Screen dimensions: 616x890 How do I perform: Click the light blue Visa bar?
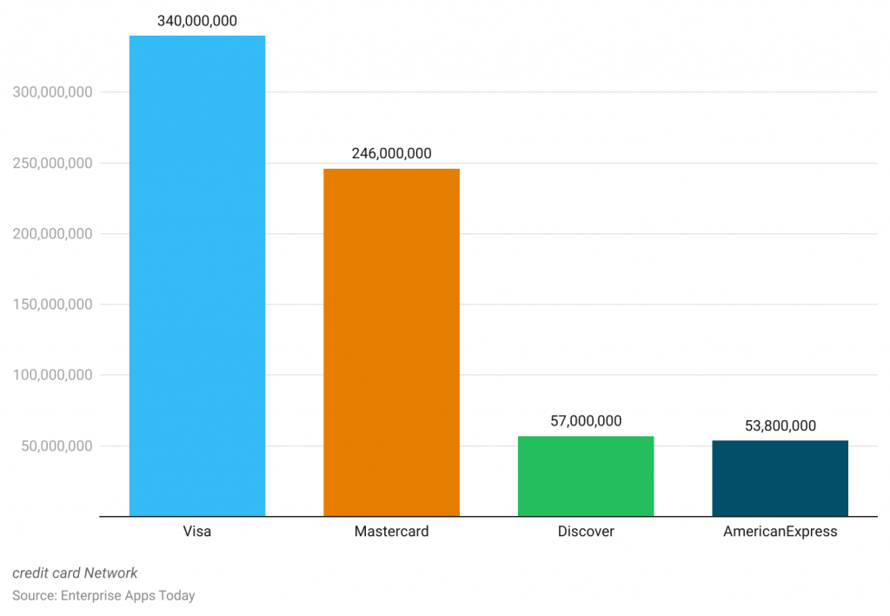pos(197,276)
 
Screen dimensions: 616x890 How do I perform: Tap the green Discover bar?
pos(586,476)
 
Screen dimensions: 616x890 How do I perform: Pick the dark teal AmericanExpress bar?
pos(780,478)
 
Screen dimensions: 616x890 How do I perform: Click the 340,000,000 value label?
pos(197,21)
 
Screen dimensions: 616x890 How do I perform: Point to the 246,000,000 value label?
pos(391,153)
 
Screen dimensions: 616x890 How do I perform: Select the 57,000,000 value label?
pos(586,421)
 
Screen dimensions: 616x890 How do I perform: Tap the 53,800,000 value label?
pos(780,425)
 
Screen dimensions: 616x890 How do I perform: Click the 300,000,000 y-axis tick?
pos(53,92)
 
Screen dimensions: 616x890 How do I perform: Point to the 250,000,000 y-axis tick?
pos(53,163)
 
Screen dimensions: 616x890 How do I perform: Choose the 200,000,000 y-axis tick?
pos(53,234)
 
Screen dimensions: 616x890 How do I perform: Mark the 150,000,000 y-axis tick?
pos(53,305)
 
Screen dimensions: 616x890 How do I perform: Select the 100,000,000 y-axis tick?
pos(53,376)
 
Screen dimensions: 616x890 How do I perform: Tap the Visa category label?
pos(197,531)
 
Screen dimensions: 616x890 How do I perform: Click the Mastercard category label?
pos(391,531)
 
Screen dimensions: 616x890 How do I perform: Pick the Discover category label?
pos(586,531)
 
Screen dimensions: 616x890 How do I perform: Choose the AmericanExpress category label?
pos(780,531)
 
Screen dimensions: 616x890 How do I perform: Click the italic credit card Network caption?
pos(75,572)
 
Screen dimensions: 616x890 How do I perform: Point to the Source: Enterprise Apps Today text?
pos(103,596)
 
